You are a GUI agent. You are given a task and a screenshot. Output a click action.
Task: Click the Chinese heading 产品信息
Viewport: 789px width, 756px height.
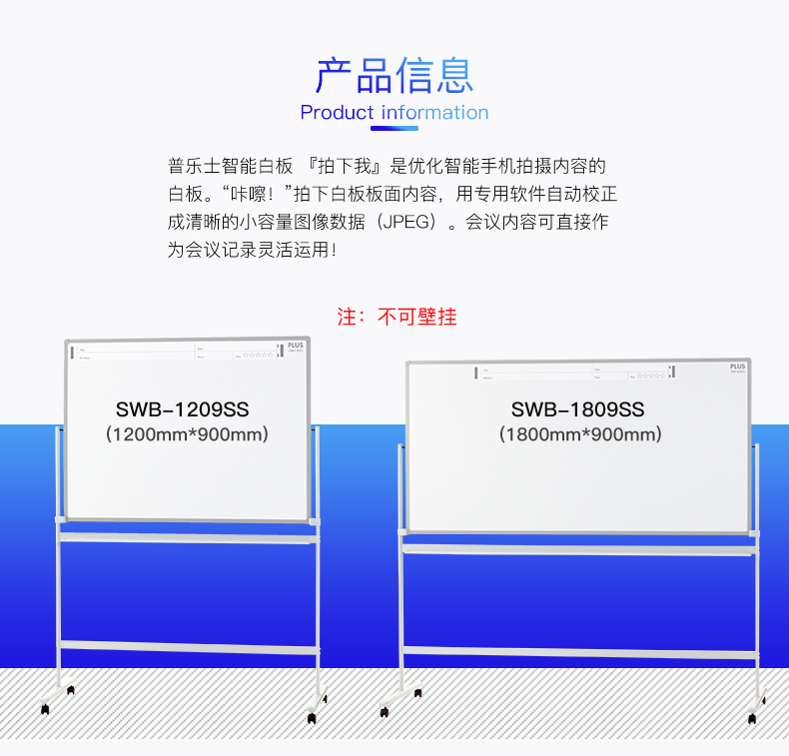(x=394, y=75)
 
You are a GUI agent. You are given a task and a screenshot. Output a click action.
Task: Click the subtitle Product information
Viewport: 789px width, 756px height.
(x=394, y=113)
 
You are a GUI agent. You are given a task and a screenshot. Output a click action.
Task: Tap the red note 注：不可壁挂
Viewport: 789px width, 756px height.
(x=396, y=318)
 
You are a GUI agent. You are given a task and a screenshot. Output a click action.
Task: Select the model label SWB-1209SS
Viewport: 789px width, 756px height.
(x=182, y=409)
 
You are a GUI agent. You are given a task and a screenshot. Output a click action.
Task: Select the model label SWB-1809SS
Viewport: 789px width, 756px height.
(x=577, y=409)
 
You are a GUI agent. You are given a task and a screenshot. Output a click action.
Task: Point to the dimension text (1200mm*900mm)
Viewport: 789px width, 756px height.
(x=187, y=434)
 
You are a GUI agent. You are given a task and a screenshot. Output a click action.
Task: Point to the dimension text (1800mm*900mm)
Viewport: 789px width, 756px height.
(x=580, y=434)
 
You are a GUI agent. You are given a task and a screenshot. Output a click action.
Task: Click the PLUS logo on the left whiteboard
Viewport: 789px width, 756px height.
(x=294, y=348)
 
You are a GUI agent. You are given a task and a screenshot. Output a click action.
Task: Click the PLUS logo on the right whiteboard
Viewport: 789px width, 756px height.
(x=737, y=368)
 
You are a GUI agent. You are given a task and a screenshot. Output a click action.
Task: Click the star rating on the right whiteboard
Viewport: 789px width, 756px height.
(x=650, y=376)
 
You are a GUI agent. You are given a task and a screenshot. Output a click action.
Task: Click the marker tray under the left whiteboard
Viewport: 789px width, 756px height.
(x=189, y=536)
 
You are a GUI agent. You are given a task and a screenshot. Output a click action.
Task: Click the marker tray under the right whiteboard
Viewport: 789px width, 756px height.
(x=579, y=546)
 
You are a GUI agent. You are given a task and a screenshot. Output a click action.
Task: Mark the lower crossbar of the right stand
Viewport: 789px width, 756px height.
(x=579, y=653)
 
